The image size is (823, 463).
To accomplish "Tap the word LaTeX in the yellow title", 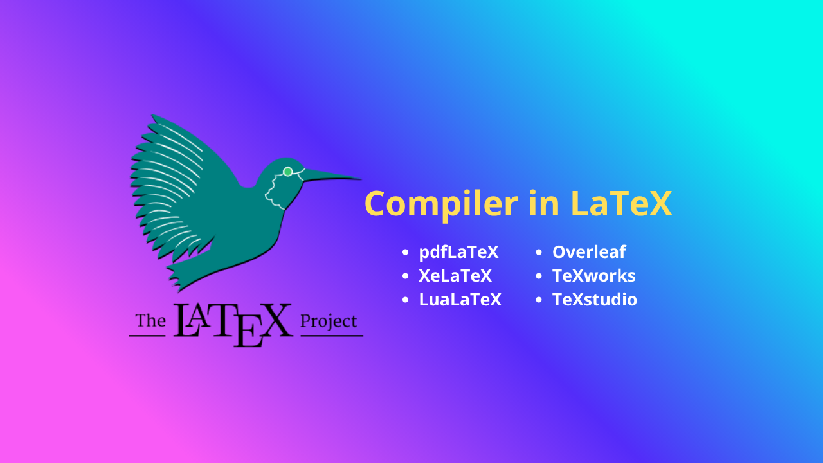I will pyautogui.click(x=621, y=204).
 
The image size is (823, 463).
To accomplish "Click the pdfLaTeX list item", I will pyautogui.click(x=458, y=252).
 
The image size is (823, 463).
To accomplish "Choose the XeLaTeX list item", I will pyautogui.click(x=455, y=276).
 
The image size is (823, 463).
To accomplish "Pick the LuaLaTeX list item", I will pyautogui.click(x=460, y=300).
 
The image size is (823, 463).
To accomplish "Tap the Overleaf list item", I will pyautogui.click(x=589, y=252).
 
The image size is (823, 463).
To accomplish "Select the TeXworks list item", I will pyautogui.click(x=593, y=276).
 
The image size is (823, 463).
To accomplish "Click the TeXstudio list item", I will pyautogui.click(x=595, y=300).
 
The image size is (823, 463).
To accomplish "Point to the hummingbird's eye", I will pyautogui.click(x=287, y=172).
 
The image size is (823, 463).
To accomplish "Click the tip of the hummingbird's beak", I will pyautogui.click(x=361, y=179).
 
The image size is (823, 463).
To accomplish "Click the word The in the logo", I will pyautogui.click(x=150, y=321).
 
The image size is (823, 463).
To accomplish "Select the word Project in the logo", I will pyautogui.click(x=329, y=321).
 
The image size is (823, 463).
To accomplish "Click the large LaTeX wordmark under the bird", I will pyautogui.click(x=232, y=323).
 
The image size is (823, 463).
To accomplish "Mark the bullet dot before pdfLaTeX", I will pyautogui.click(x=405, y=253).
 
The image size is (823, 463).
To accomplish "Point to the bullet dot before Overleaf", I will pyautogui.click(x=539, y=253).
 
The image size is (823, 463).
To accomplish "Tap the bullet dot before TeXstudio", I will pyautogui.click(x=539, y=300).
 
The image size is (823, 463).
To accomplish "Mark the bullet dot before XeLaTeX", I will pyautogui.click(x=405, y=277).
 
